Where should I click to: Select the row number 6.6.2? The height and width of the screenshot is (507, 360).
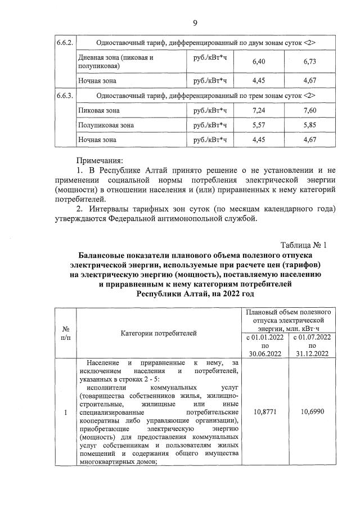[x=65, y=43]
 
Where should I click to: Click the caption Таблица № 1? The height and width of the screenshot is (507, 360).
[x=303, y=245]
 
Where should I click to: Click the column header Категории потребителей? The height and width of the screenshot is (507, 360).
[x=159, y=333]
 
